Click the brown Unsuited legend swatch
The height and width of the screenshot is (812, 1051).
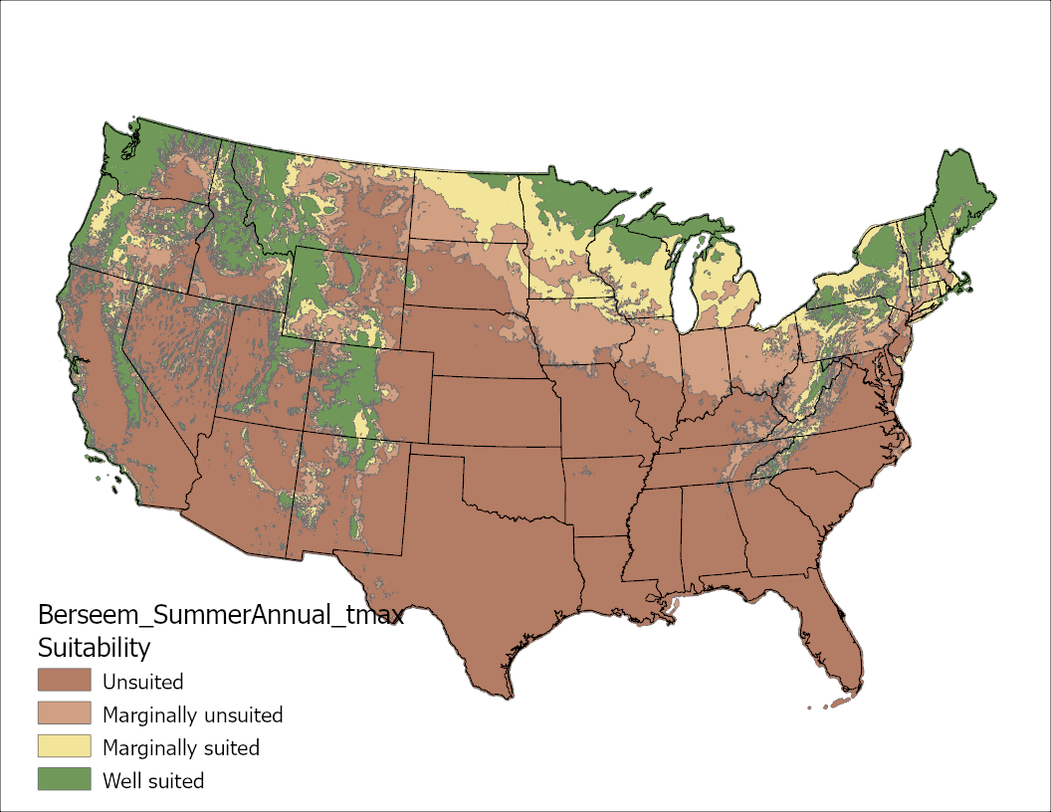(x=64, y=682)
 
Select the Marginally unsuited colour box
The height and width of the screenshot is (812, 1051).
(x=64, y=714)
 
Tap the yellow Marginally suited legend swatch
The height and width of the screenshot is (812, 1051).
(x=64, y=746)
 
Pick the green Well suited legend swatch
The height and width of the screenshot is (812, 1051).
(x=64, y=779)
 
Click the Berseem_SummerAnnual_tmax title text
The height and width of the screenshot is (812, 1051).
(x=220, y=614)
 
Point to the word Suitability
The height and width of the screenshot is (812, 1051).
(x=94, y=648)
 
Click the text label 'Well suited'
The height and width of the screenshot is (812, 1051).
(x=153, y=780)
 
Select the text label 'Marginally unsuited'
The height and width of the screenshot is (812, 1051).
(x=192, y=714)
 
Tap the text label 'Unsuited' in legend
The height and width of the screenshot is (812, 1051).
(x=142, y=682)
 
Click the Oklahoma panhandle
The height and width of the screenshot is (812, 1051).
(x=439, y=453)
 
